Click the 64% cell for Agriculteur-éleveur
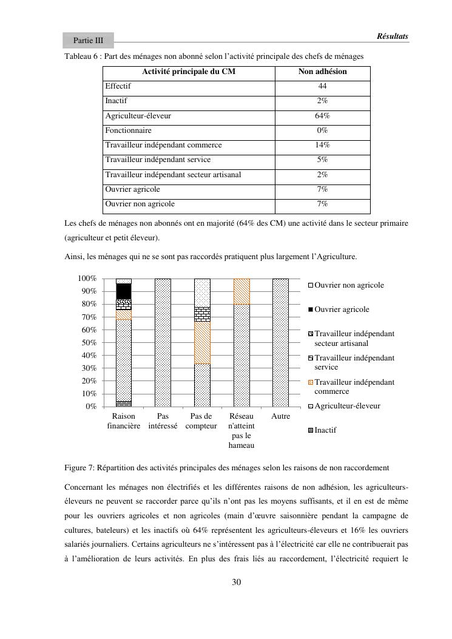coord(322,116)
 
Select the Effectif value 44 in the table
coord(322,87)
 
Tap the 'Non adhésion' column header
coord(322,72)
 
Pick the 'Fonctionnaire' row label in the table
coord(128,130)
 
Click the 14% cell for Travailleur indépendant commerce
coord(322,145)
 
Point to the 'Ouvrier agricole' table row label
coord(133,189)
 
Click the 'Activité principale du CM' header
coord(189,72)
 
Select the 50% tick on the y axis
coord(88,342)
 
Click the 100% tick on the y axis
coord(87,278)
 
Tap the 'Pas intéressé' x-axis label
coord(163,421)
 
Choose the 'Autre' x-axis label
coord(281,416)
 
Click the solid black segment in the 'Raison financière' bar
coord(124,291)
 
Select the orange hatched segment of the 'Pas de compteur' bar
coord(202,343)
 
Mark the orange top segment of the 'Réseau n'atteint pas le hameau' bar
coord(241,291)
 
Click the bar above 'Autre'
coord(281,343)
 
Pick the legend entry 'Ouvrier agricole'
coord(342,309)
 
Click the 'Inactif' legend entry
coord(325,430)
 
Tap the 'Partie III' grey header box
coord(88,41)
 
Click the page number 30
coord(237,583)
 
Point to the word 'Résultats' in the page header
coord(392,36)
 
